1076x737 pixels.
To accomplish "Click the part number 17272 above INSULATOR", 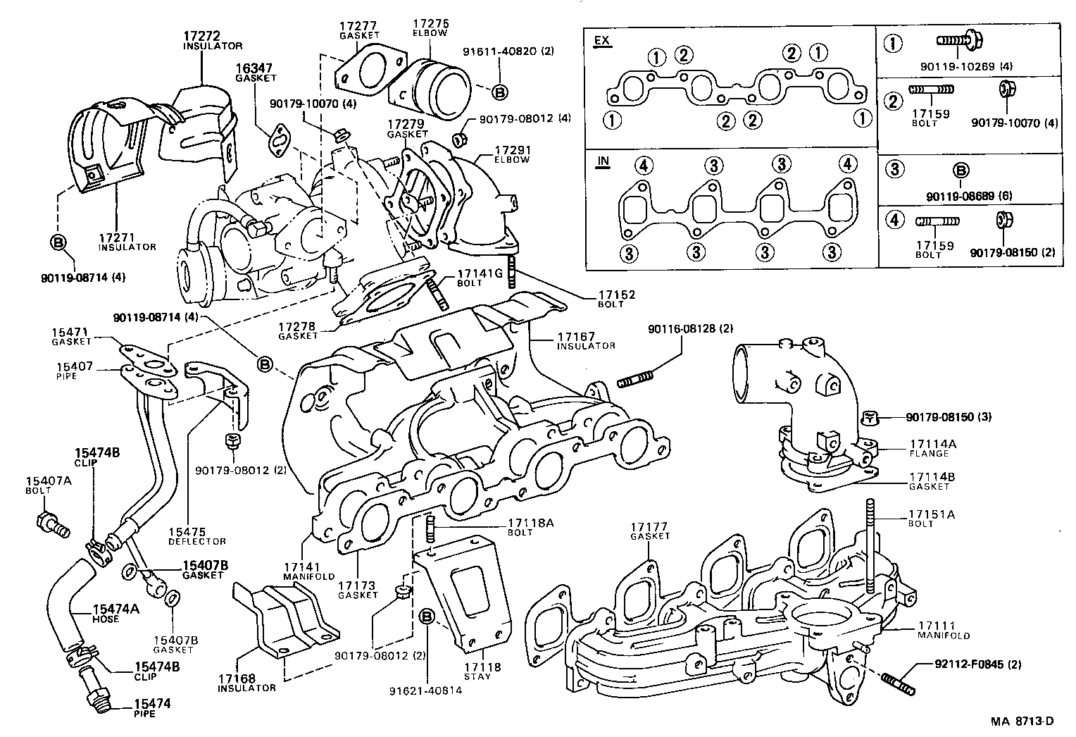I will [202, 35].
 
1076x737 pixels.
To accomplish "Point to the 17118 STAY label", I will [482, 671].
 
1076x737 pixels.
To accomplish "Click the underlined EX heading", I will [601, 40].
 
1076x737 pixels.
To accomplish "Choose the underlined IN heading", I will [602, 161].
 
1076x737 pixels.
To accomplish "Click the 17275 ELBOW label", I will [430, 27].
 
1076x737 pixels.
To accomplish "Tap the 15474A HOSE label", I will [115, 614].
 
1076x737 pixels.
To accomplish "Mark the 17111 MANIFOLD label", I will [944, 630].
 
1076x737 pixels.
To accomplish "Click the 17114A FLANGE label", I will [932, 449].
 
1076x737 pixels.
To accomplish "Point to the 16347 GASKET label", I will [256, 73].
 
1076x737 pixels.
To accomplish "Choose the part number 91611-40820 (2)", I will [499, 51].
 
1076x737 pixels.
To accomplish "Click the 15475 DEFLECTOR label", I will [196, 536].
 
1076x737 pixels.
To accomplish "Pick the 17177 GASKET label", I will [648, 531].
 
